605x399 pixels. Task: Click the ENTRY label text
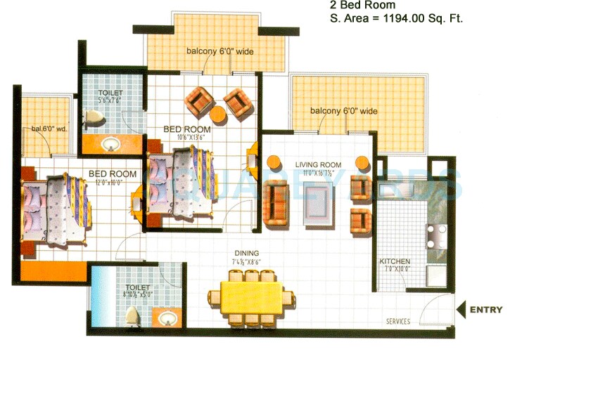click(486, 309)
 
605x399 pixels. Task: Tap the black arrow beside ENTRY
click(461, 309)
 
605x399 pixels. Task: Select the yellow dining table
click(251, 298)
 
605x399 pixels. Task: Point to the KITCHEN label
click(395, 262)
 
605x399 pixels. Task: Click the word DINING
click(247, 254)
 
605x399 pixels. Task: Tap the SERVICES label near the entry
click(398, 322)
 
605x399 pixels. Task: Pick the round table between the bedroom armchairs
click(218, 114)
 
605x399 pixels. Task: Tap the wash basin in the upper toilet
click(110, 145)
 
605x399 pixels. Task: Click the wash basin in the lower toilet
click(167, 320)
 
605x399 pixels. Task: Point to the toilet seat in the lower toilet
click(133, 318)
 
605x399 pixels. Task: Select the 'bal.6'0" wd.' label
click(45, 129)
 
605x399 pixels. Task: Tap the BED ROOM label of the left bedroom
click(113, 174)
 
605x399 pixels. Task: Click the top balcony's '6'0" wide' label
click(219, 51)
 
